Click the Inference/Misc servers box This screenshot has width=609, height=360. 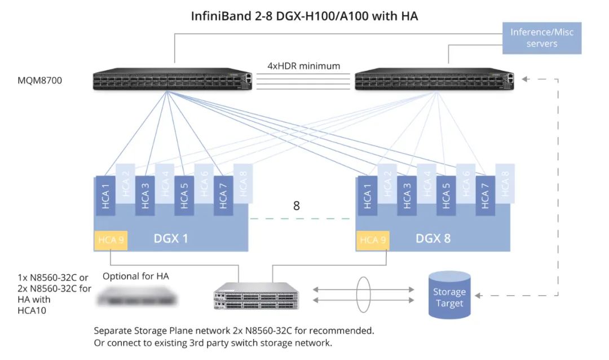click(x=541, y=38)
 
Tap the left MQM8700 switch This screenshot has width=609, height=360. click(x=172, y=81)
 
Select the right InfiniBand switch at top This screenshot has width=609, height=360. click(x=434, y=81)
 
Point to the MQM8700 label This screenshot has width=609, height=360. click(x=40, y=81)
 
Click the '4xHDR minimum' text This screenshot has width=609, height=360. click(x=303, y=66)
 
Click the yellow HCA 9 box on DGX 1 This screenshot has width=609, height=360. click(x=111, y=240)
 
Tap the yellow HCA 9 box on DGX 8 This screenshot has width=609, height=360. click(x=373, y=240)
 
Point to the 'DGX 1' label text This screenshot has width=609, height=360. click(x=171, y=238)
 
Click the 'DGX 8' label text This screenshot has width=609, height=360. click(x=433, y=238)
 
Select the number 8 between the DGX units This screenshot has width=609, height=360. click(x=296, y=205)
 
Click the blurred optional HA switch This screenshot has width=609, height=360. click(x=136, y=295)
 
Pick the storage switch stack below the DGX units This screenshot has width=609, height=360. click(x=257, y=296)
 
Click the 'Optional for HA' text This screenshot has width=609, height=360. click(x=136, y=276)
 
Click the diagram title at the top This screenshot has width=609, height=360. click(x=305, y=15)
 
